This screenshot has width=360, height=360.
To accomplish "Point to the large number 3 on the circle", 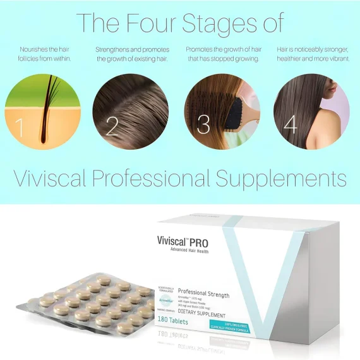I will (203, 124).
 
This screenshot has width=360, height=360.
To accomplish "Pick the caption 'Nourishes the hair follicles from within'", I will (43, 54).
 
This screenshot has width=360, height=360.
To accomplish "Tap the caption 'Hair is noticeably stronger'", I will (312, 54).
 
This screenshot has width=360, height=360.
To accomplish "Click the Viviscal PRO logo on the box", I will (183, 242).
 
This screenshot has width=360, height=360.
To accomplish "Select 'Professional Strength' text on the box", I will (203, 295).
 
